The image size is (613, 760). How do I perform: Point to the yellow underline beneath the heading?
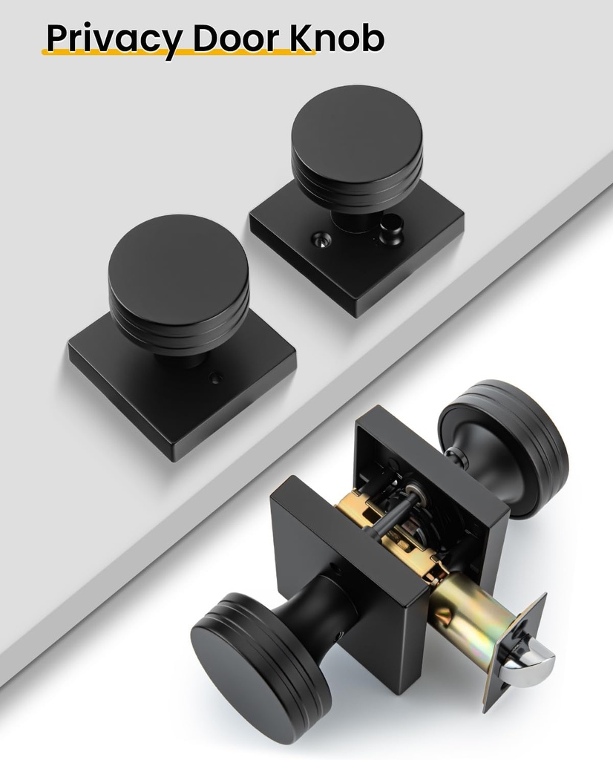click(x=178, y=54)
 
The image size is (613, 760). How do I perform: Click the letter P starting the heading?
click(x=56, y=38)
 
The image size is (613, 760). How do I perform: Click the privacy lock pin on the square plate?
click(x=391, y=232)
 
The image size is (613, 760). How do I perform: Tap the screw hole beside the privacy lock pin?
click(x=321, y=239)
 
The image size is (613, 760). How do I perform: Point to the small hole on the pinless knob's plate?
click(x=214, y=379)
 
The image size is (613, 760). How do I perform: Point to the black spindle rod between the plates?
click(x=386, y=520)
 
